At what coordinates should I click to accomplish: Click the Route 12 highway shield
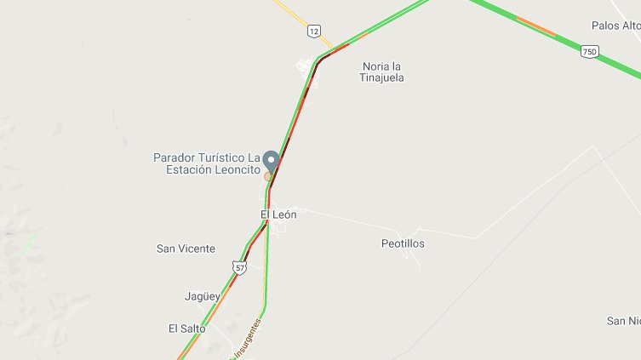314,31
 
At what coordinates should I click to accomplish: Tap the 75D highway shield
589,52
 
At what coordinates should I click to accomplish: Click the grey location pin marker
271,161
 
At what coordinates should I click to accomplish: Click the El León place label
278,214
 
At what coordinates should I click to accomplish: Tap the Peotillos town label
402,243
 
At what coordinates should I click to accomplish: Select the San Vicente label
186,249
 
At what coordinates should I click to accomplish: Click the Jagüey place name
202,296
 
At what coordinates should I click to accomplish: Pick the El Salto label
187,328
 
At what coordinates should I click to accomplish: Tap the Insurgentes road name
245,340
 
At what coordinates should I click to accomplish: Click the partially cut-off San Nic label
623,321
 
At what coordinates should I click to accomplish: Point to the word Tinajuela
382,77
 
